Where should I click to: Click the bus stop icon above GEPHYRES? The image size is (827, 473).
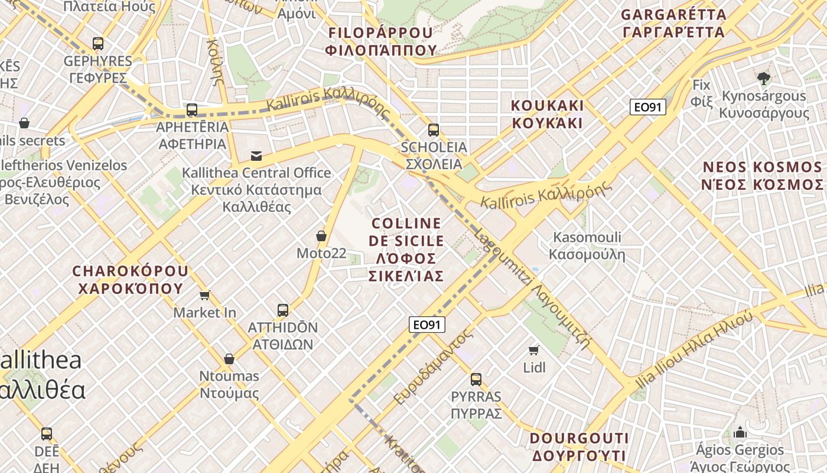[x=98, y=43]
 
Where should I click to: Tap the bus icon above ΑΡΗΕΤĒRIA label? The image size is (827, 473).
[x=192, y=109]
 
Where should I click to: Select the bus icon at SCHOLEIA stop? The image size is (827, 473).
[x=434, y=130]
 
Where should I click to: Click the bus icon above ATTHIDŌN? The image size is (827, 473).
[x=283, y=310]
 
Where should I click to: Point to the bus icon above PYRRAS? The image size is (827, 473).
[x=476, y=380]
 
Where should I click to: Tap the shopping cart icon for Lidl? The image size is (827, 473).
[x=534, y=351]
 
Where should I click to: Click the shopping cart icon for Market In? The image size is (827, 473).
[x=205, y=295]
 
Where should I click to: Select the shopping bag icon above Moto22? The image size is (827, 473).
[x=321, y=236]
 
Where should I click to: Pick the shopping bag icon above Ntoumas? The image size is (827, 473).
[x=229, y=359]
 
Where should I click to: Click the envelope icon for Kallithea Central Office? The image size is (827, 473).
[x=256, y=156]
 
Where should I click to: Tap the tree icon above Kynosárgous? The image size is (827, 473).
[x=764, y=77]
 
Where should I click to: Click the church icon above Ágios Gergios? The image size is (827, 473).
[x=740, y=432]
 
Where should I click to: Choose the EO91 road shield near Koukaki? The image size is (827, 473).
[x=648, y=107]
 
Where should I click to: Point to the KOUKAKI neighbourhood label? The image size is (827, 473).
[x=547, y=114]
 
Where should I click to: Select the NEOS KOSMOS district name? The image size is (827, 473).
[x=762, y=176]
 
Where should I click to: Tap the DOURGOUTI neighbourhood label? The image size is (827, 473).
[x=579, y=447]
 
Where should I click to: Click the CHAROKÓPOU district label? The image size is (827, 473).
[x=130, y=280]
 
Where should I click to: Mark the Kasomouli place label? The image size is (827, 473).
[x=587, y=246]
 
